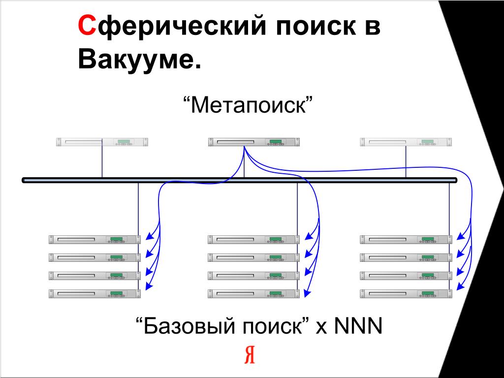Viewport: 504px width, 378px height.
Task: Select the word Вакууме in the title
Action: click(139, 60)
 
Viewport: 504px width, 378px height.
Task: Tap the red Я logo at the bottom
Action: click(250, 354)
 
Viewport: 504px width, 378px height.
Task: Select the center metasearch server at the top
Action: click(254, 142)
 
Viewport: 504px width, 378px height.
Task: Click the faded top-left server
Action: click(102, 142)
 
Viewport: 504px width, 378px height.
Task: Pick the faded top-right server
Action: click(406, 142)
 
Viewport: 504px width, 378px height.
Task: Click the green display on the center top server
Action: click(276, 142)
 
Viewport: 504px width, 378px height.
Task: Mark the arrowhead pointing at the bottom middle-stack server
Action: click(305, 294)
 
